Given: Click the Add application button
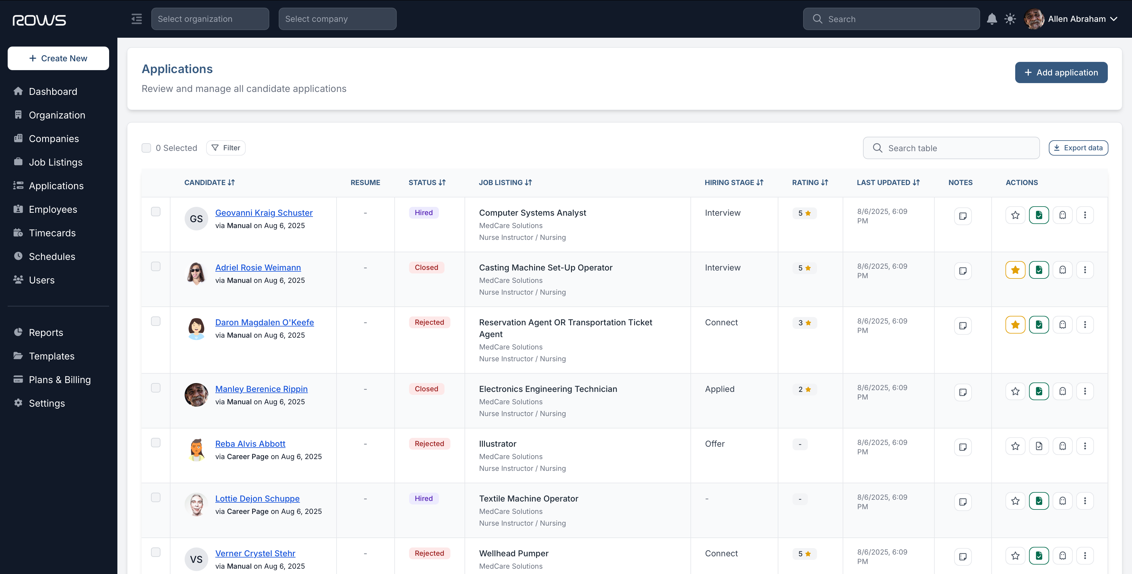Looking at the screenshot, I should [1061, 72].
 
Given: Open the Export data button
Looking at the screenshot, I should [1078, 148].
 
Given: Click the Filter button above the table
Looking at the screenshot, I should [226, 148].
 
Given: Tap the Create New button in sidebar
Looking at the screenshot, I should [58, 58].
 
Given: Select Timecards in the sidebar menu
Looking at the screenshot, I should [52, 233].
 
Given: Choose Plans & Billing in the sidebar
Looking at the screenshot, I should [59, 380].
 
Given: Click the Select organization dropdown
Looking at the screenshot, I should [210, 19].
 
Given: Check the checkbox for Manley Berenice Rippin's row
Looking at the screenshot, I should [155, 388].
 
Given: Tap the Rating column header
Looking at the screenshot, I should [809, 183].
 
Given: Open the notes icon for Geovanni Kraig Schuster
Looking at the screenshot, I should [962, 216].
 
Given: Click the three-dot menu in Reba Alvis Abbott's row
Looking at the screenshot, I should [1085, 446].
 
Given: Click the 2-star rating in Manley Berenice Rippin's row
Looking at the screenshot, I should [804, 390].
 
